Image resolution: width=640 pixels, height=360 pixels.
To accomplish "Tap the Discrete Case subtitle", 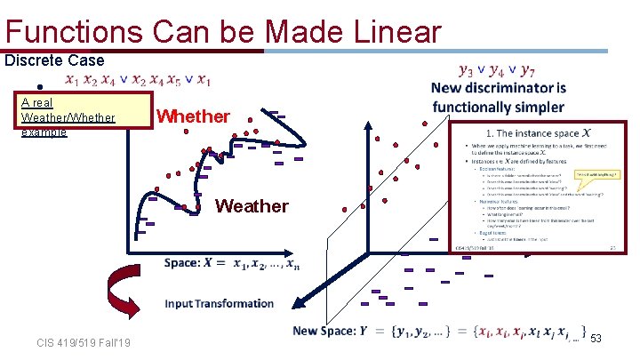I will click(x=54, y=61).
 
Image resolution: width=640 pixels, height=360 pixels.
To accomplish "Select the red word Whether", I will click(x=193, y=116).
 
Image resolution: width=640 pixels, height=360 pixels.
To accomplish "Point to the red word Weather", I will click(x=252, y=206).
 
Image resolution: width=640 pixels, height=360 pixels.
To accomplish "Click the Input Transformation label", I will click(x=219, y=303).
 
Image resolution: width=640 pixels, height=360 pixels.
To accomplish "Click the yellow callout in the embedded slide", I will click(x=596, y=174).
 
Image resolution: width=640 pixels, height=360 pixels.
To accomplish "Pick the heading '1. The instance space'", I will click(x=518, y=133).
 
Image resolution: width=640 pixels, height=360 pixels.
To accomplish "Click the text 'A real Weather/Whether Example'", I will click(x=68, y=116).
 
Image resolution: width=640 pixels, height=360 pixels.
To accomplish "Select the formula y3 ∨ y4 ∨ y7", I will click(x=497, y=69).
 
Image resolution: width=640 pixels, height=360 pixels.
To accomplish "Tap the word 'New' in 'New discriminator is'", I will click(x=448, y=88).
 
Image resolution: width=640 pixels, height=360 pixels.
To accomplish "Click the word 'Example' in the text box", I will click(x=44, y=132).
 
